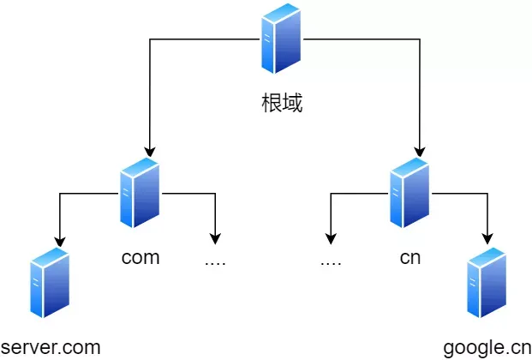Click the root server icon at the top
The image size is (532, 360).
pyautogui.click(x=282, y=39)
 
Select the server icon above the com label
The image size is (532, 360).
pyautogui.click(x=140, y=193)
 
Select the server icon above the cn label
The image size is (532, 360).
pyautogui.click(x=409, y=193)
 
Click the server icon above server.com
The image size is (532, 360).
pyautogui.click(x=49, y=284)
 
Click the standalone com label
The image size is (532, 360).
pyautogui.click(x=140, y=258)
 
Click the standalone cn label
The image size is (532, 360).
pyautogui.click(x=409, y=258)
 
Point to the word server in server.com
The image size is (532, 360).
pyautogui.click(x=31, y=347)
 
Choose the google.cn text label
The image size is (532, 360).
pyautogui.click(x=487, y=347)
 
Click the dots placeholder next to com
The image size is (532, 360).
pyautogui.click(x=215, y=261)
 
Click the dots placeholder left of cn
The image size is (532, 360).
pyautogui.click(x=331, y=261)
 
